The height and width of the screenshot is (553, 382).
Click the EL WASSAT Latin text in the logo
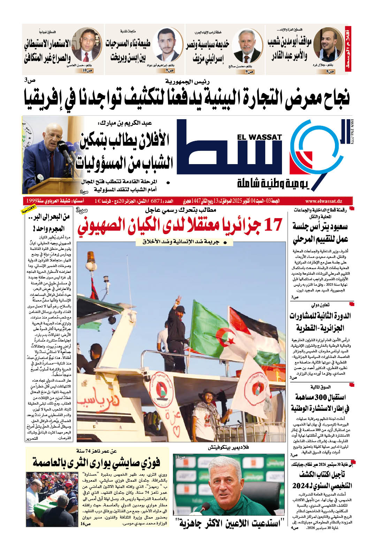click(x=259, y=137)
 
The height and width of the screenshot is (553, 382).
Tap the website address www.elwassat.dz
click(x=323, y=201)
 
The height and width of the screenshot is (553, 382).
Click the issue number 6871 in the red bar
click(x=157, y=201)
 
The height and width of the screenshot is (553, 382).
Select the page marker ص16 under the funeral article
click(x=85, y=524)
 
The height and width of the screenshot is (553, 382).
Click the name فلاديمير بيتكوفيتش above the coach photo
click(x=228, y=447)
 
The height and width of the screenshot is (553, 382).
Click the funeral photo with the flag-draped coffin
click(x=52, y=498)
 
